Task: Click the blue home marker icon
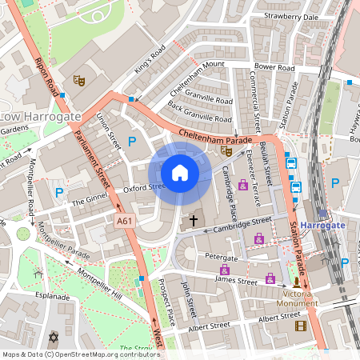(x=180, y=173)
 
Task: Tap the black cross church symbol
(x=193, y=219)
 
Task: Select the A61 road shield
(x=124, y=220)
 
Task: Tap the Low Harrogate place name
(x=41, y=117)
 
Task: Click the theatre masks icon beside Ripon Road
(x=78, y=80)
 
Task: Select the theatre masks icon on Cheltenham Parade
(x=226, y=149)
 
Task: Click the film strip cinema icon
(x=300, y=326)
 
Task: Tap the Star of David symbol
(x=55, y=336)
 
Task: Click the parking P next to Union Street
(x=132, y=142)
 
